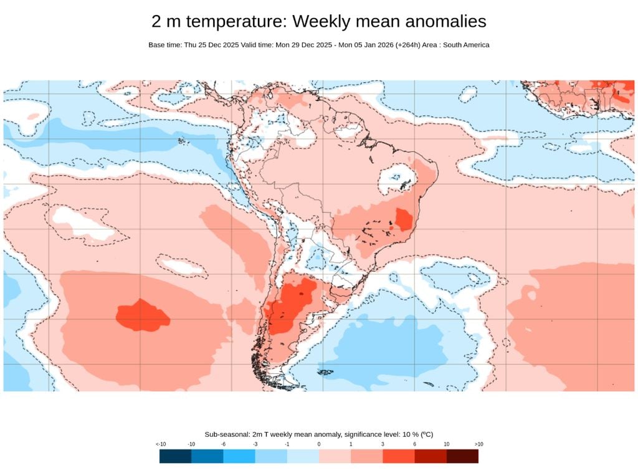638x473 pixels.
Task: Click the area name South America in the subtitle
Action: (467, 45)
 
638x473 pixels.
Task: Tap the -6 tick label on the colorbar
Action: (223, 444)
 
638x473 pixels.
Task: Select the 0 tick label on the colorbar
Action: (318, 444)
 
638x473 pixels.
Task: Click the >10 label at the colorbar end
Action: (478, 444)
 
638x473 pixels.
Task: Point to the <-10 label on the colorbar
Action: (160, 444)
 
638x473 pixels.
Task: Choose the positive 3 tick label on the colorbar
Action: (383, 444)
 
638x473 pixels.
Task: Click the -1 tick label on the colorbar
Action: (287, 444)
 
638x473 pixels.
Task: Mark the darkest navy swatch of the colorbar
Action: (175, 456)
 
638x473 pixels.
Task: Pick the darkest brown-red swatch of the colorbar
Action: (462, 456)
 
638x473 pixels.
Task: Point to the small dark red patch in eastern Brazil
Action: (404, 219)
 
